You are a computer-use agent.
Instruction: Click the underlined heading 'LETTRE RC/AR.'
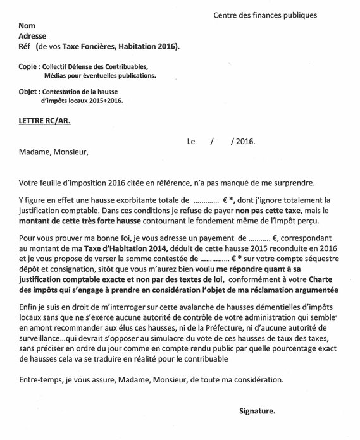46,120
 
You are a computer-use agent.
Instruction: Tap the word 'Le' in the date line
192,142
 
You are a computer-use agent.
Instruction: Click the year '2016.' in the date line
244,142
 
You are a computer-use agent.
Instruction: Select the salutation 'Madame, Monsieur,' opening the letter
54,152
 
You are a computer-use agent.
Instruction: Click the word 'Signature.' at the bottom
257,412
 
